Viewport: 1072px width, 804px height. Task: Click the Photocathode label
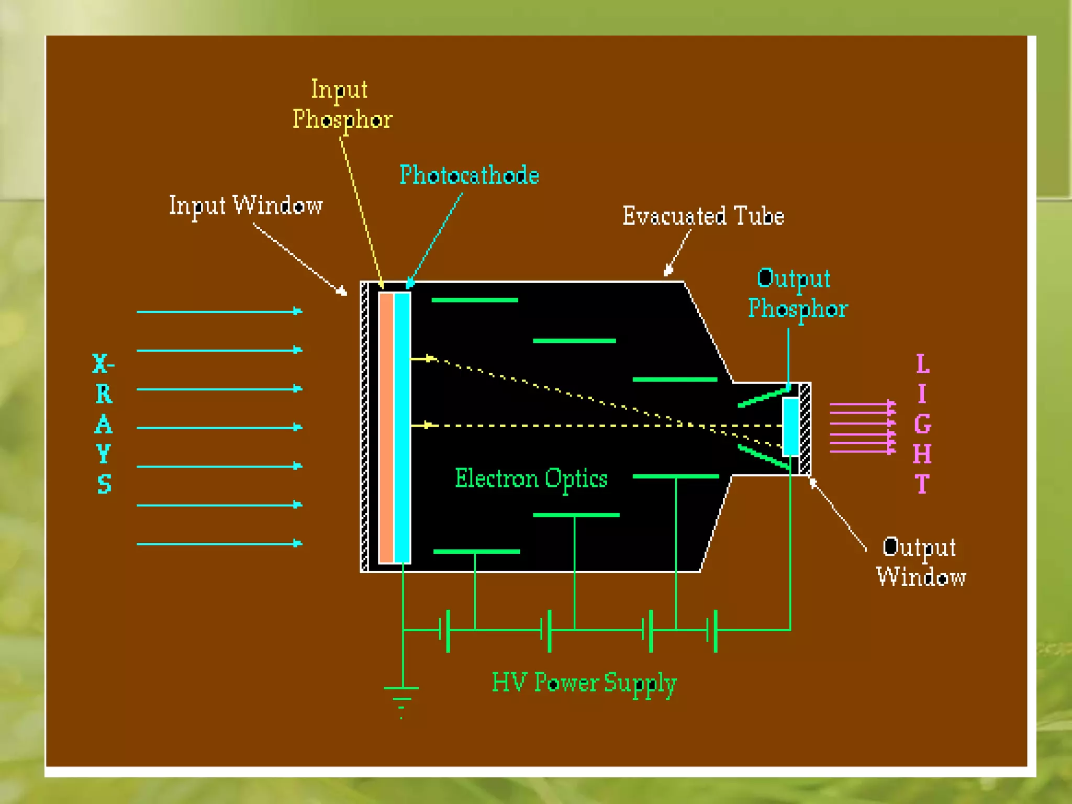coord(469,175)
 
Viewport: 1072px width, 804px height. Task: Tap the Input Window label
coord(245,205)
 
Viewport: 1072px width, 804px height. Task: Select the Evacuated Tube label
coord(703,216)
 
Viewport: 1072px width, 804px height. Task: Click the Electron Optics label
coord(531,478)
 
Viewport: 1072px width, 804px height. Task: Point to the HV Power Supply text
coord(584,683)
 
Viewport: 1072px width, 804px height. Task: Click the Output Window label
coord(921,562)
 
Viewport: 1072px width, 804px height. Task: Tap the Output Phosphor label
coord(797,294)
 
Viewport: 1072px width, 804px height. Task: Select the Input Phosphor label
coord(342,105)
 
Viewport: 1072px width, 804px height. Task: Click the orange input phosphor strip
coord(386,427)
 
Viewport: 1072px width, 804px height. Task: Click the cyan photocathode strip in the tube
coord(402,427)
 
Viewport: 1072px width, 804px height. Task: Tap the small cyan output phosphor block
coord(790,426)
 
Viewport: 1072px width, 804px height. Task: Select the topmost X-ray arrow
coord(219,311)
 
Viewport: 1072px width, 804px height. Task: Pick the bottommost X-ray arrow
coord(219,544)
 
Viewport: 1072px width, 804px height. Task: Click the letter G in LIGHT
coord(922,423)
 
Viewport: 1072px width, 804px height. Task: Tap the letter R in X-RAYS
coord(104,394)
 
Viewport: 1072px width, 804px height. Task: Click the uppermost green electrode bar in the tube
coord(474,300)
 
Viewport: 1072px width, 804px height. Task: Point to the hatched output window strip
coord(805,429)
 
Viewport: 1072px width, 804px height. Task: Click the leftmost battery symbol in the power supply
coord(445,630)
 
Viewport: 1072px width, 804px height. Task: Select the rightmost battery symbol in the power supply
coord(712,630)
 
